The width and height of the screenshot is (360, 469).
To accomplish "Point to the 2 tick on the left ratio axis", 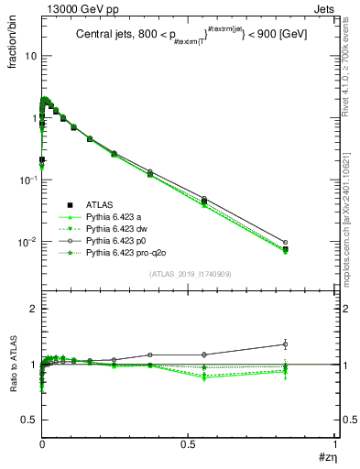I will (33, 310).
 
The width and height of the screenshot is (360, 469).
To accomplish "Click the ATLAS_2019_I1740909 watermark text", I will (188, 274).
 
